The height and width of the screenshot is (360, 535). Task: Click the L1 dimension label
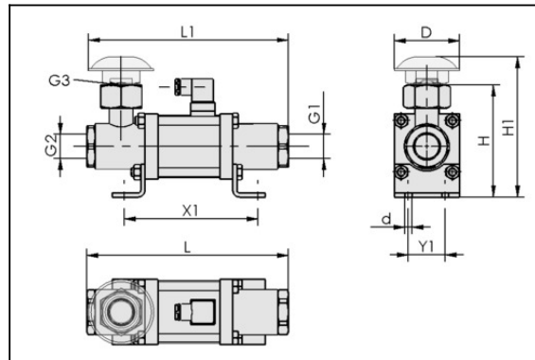187,32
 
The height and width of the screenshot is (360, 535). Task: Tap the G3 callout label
60,81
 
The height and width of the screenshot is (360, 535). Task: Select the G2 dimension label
51,146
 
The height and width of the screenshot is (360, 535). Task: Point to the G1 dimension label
314,114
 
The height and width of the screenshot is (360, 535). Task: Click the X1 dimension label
190,211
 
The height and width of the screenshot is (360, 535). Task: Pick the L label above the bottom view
187,247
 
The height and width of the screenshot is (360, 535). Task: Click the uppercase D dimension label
426,33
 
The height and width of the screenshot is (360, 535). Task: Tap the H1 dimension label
508,127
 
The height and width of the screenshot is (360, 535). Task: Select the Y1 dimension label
426,246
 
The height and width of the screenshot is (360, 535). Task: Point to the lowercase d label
386,219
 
